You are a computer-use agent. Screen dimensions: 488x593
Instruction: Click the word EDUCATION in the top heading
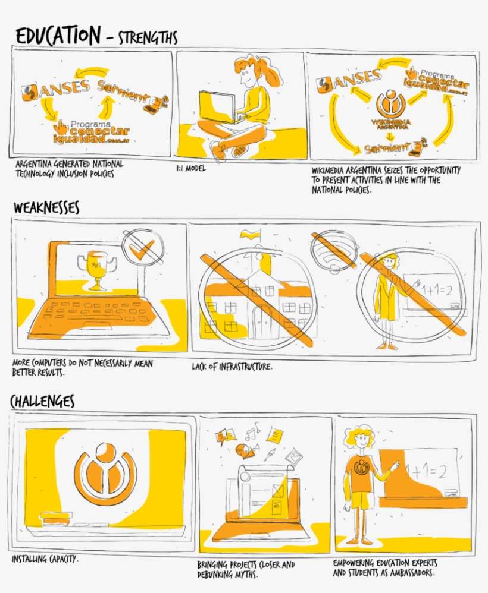tap(58, 36)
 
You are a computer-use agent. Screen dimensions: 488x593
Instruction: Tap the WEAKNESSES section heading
tap(46, 207)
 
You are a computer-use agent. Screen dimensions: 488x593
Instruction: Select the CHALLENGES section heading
tap(42, 400)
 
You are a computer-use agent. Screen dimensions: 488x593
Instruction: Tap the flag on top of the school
tap(250, 235)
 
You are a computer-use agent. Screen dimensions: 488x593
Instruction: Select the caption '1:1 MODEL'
tap(190, 168)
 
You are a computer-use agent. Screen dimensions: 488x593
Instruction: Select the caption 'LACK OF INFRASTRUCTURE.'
tap(232, 366)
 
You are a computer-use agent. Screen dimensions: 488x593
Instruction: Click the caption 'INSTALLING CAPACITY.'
tap(45, 559)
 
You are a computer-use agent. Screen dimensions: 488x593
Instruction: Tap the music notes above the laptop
tap(253, 431)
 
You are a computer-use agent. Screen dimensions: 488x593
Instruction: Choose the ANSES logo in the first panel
tap(56, 89)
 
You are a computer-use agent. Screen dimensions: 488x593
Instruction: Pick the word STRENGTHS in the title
tap(148, 38)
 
